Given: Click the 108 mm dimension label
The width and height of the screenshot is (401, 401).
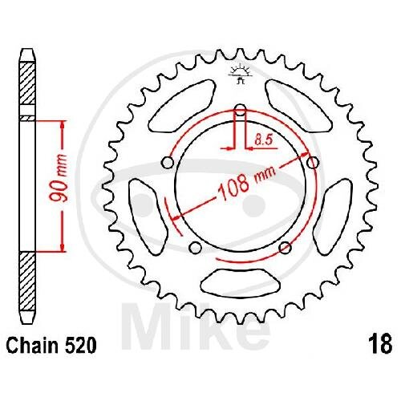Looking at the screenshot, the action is click(x=246, y=183).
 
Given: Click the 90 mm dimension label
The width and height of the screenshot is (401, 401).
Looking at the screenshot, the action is click(x=59, y=178).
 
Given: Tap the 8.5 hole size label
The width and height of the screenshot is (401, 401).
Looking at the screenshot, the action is click(x=263, y=140).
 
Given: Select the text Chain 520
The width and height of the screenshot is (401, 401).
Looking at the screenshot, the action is click(x=51, y=345).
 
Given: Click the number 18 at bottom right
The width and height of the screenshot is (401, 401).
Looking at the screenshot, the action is click(x=380, y=345).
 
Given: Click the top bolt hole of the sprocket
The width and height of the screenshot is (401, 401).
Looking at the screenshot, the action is click(x=240, y=110).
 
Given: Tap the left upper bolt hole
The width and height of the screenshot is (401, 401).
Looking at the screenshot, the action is click(x=168, y=162).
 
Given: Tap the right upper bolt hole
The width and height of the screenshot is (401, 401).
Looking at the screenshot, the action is click(x=313, y=162).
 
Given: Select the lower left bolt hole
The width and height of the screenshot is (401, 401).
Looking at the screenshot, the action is click(x=195, y=248).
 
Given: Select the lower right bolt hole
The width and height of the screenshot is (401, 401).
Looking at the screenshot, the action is click(x=285, y=247).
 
